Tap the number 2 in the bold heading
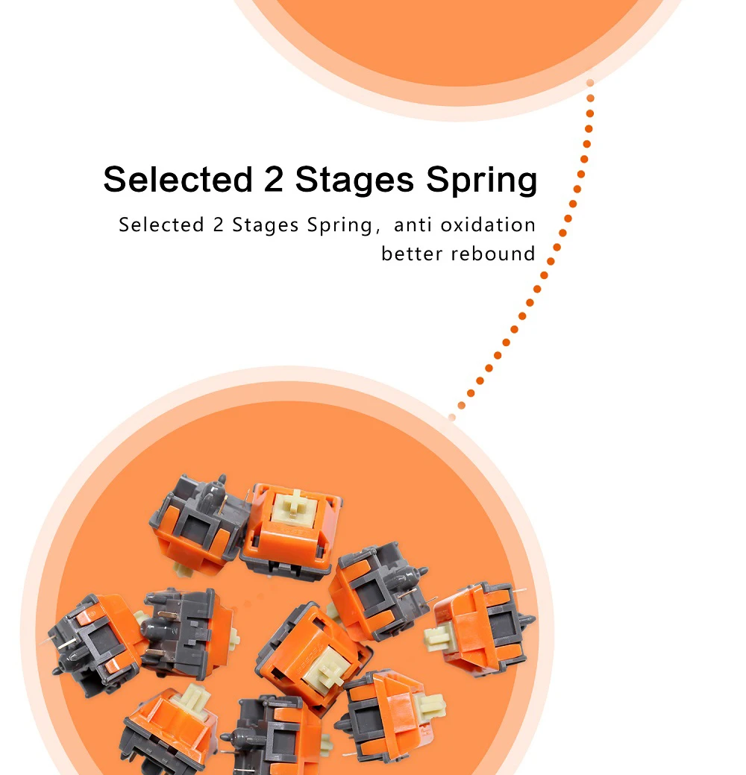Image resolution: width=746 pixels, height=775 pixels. coord(273,180)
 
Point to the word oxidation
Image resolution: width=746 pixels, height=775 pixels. coord(488,225)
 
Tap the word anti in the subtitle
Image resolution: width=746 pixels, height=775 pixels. coord(415,225)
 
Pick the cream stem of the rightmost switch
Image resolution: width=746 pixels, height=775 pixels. coord(440,636)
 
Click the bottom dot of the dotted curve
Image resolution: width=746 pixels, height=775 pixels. coord(452,416)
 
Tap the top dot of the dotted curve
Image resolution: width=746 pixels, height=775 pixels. coord(590,83)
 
